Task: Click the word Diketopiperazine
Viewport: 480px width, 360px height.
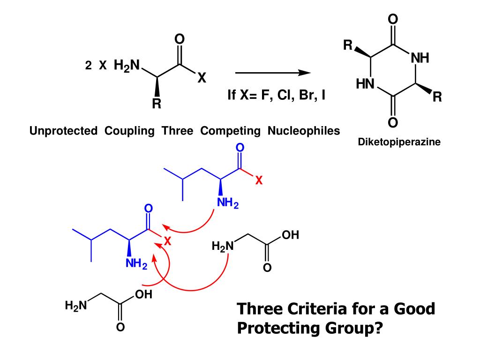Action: (399, 142)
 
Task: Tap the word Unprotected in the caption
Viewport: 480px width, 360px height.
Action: (63, 131)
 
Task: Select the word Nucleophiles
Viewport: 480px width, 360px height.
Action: (304, 131)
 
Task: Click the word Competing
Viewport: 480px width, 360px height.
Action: (230, 131)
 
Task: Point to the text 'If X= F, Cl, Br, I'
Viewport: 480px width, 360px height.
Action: (277, 96)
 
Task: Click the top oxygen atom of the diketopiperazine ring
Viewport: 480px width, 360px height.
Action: (393, 20)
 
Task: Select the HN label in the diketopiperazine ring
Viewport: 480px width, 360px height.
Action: (366, 84)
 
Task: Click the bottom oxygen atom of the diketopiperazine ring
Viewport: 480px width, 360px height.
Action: (393, 123)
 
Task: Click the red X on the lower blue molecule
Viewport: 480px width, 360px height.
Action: (168, 242)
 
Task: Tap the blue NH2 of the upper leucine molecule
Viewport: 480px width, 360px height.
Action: (228, 205)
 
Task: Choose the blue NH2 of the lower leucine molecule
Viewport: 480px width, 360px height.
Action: (136, 265)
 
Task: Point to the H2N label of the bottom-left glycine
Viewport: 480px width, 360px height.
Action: (76, 307)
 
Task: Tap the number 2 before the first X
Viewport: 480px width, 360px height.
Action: (88, 67)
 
